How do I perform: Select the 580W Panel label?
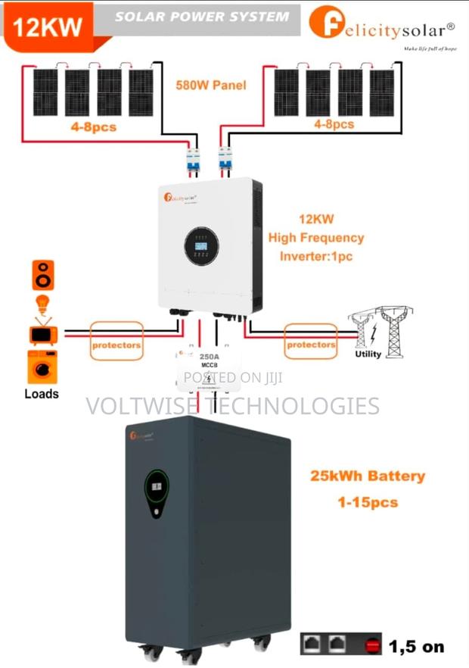(x=211, y=86)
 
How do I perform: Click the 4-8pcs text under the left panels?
(x=94, y=126)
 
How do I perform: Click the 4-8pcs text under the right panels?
(x=334, y=123)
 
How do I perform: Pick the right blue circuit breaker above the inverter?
(x=225, y=160)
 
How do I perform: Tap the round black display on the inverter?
(x=202, y=246)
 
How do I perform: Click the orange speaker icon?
(x=43, y=275)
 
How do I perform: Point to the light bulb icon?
(x=43, y=304)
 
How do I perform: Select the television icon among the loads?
(x=42, y=332)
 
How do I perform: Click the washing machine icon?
(x=42, y=367)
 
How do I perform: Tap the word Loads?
(x=42, y=394)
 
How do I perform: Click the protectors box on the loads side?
(x=116, y=345)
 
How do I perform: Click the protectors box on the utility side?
(x=311, y=344)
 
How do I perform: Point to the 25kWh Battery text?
(x=367, y=476)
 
